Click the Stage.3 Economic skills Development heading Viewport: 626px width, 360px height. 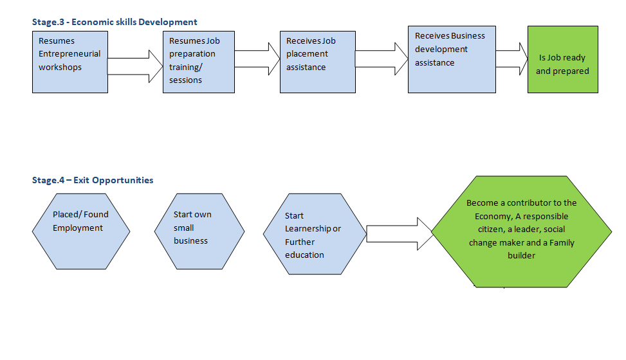115,22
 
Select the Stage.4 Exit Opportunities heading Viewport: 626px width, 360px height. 93,181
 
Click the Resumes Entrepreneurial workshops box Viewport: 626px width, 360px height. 70,62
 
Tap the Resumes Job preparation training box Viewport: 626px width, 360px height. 199,62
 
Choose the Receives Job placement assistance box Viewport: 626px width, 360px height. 318,62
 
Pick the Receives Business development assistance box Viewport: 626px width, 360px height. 452,60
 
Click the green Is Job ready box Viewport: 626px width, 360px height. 563,60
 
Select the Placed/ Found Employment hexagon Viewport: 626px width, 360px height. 81,231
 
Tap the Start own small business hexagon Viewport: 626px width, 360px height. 199,231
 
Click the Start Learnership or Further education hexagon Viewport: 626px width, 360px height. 315,234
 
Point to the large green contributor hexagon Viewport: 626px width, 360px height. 521,231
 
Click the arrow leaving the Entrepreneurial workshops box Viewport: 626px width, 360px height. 135,66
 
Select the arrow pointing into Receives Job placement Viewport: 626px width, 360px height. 257,59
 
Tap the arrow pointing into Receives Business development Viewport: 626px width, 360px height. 382,59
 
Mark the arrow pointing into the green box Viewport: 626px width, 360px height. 512,59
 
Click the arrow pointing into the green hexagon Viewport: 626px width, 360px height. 400,234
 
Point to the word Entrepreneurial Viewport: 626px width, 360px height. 69,54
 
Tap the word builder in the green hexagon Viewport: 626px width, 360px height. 521,255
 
